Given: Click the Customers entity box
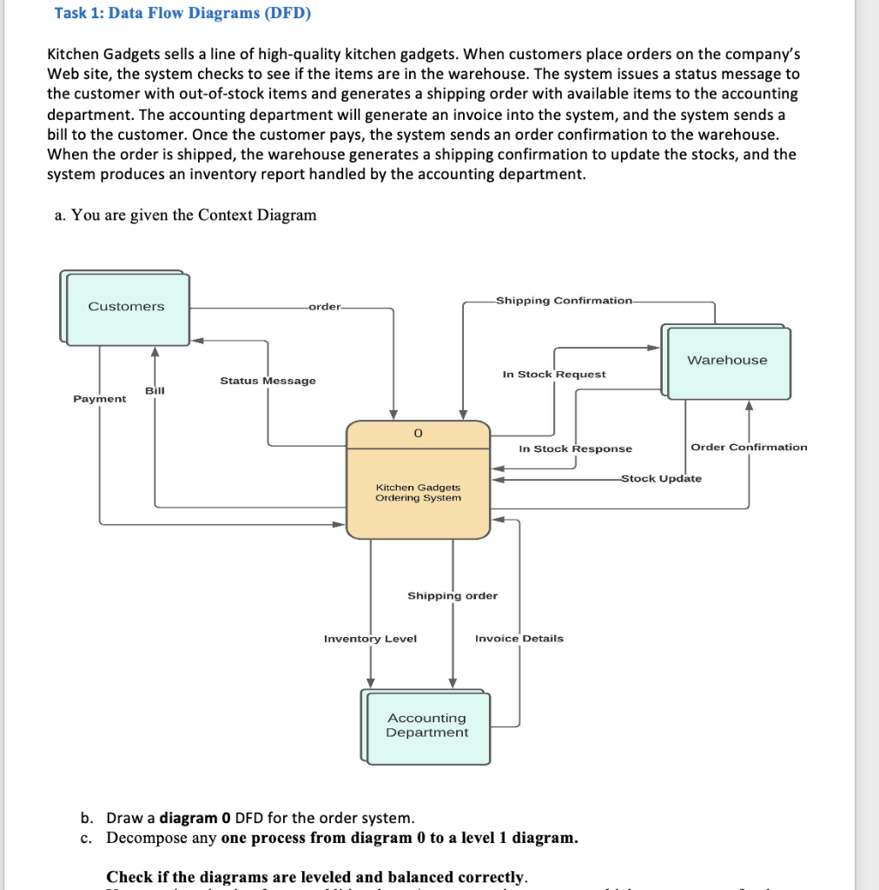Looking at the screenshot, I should pyautogui.click(x=127, y=308).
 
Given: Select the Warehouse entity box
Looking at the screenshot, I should pyautogui.click(x=728, y=361).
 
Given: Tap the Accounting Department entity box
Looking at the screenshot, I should pyautogui.click(x=426, y=726).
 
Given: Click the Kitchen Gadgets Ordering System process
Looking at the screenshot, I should pyautogui.click(x=418, y=493).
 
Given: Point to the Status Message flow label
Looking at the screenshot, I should pyautogui.click(x=268, y=381).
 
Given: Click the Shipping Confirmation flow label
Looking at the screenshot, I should pyautogui.click(x=565, y=301).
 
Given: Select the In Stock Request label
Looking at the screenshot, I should pyautogui.click(x=554, y=375).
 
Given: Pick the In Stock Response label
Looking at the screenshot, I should pyautogui.click(x=575, y=449).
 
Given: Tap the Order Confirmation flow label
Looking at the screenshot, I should pyautogui.click(x=749, y=448).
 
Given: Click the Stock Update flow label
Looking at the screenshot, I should pyautogui.click(x=661, y=479).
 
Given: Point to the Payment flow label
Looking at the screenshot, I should pyautogui.click(x=99, y=399).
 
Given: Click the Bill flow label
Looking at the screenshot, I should pyautogui.click(x=155, y=391).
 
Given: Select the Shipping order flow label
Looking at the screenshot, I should pyautogui.click(x=453, y=596).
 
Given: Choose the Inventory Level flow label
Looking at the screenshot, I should pyautogui.click(x=370, y=639).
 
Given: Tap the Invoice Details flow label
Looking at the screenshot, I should pyautogui.click(x=519, y=639).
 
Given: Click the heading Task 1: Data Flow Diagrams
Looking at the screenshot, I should pyautogui.click(x=182, y=13).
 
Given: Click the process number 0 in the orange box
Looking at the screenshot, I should pyautogui.click(x=418, y=433).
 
